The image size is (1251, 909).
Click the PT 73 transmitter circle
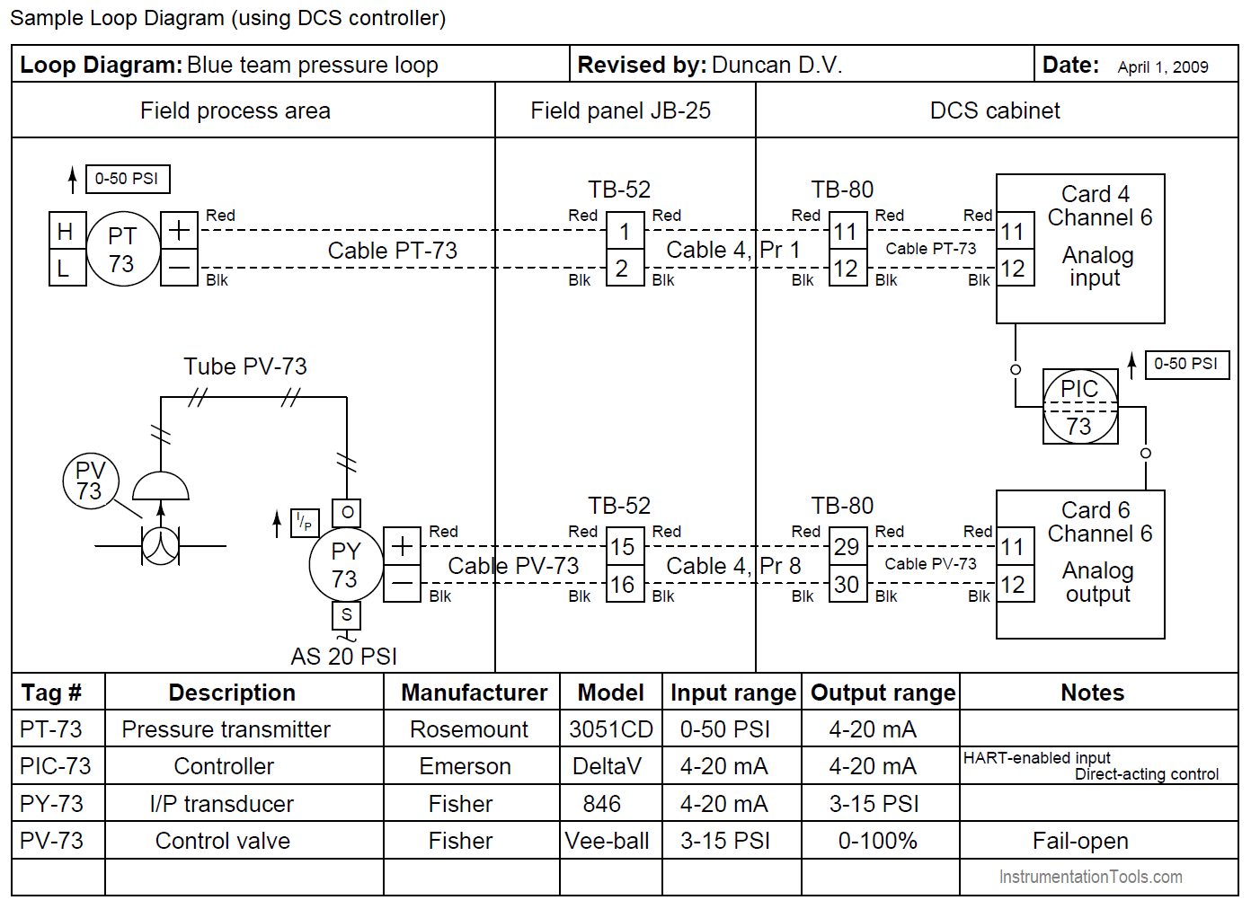pos(123,250)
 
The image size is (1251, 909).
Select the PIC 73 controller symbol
pos(1080,407)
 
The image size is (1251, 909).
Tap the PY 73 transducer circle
pos(346,565)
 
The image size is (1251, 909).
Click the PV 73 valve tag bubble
pos(90,481)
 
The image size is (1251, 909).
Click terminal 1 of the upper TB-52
pos(625,232)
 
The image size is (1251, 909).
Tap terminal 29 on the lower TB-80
pos(847,547)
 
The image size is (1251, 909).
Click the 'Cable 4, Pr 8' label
pos(733,566)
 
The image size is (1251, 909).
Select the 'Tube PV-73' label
pos(245,366)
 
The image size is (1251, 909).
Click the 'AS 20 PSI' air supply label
pos(343,657)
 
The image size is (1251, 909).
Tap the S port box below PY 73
pos(347,615)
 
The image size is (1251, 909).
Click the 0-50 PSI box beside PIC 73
pos(1186,364)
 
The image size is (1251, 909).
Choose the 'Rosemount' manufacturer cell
pos(469,729)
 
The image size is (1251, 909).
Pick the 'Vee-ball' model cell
pos(608,841)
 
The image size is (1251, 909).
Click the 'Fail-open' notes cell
pos(1080,841)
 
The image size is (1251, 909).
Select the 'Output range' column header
pos(882,693)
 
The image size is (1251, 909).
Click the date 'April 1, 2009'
pos(1163,67)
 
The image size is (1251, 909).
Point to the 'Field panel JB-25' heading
pos(621,110)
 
